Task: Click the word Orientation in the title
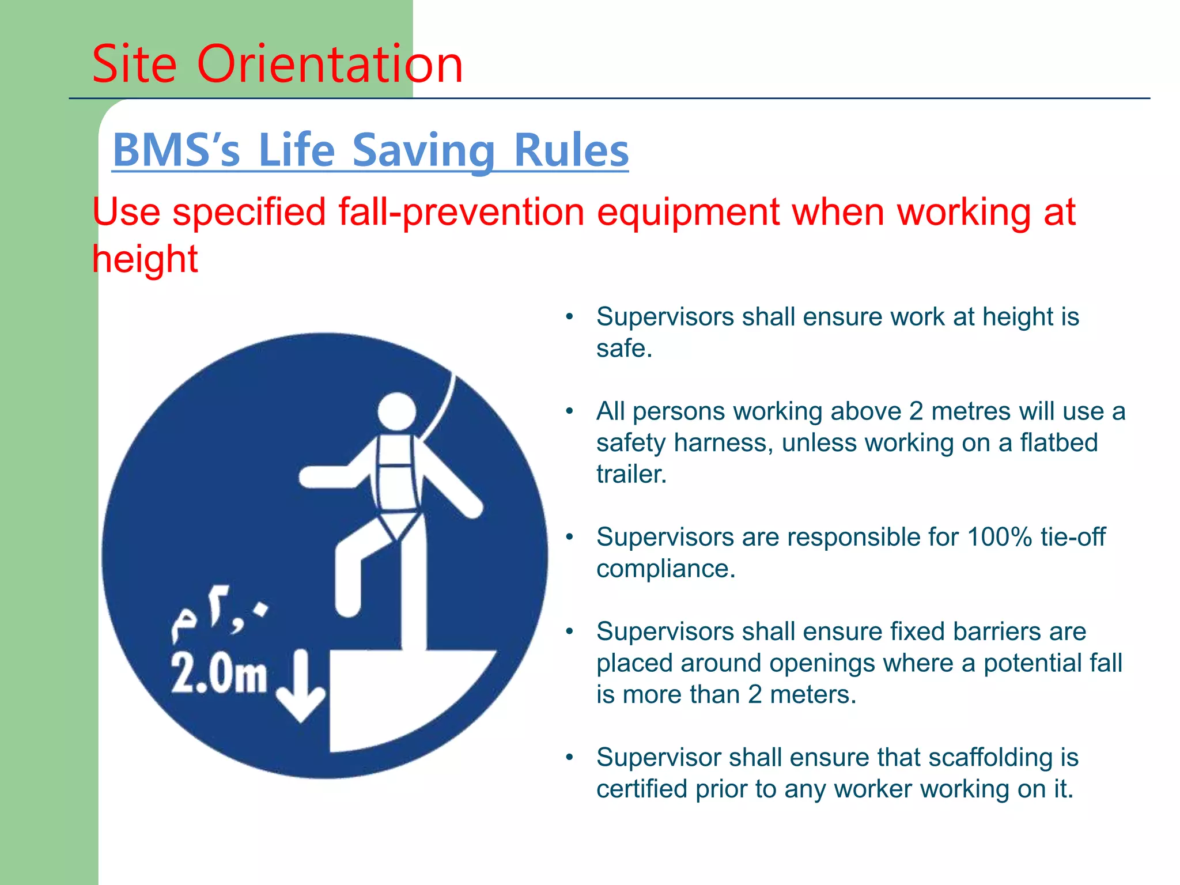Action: click(x=330, y=64)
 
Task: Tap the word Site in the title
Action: click(x=134, y=64)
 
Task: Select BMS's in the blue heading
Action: click(x=176, y=150)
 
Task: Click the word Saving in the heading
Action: click(x=423, y=150)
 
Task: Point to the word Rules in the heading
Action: click(x=570, y=150)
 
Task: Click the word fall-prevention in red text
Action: click(x=461, y=212)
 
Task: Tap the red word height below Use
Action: click(x=145, y=259)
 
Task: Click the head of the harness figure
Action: click(x=397, y=411)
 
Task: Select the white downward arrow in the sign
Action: click(x=300, y=686)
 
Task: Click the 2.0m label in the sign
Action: click(x=219, y=674)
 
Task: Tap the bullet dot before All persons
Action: click(x=569, y=411)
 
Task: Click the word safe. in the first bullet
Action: click(x=624, y=349)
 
